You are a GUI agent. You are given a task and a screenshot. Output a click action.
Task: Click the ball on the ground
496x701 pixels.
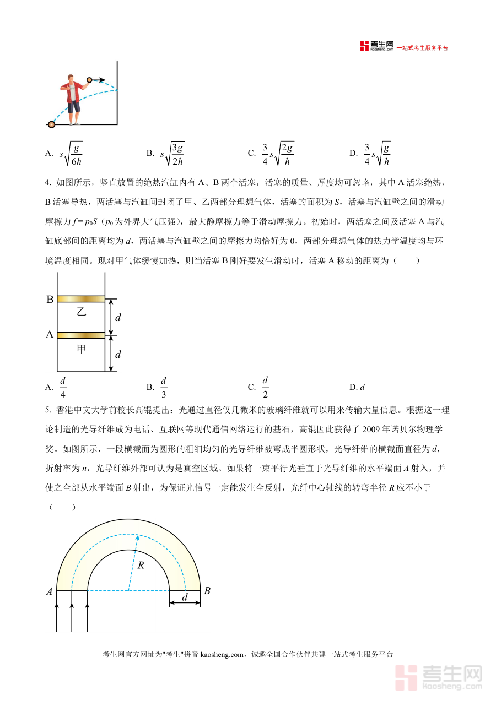[x=51, y=124]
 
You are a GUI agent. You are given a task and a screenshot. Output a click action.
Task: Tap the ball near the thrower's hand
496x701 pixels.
[x=89, y=80]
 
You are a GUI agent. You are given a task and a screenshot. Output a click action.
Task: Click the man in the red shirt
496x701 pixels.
[x=72, y=99]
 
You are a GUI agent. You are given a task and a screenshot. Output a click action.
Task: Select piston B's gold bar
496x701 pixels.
[x=80, y=299]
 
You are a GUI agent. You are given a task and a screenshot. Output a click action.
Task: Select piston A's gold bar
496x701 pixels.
[x=80, y=335]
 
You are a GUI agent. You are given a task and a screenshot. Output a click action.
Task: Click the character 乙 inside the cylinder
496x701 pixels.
[x=82, y=312]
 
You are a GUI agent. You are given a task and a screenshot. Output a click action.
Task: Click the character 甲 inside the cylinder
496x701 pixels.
[x=82, y=349]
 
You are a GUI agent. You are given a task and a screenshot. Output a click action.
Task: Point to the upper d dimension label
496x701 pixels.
[x=117, y=318]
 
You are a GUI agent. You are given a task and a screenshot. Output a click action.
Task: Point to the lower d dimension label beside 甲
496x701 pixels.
[x=117, y=354]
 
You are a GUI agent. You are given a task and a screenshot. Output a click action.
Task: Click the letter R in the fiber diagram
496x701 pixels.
[x=141, y=565]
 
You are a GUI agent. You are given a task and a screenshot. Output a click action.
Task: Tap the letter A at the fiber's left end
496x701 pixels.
[x=49, y=591]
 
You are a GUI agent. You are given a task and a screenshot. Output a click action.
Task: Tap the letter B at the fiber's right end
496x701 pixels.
[x=207, y=591]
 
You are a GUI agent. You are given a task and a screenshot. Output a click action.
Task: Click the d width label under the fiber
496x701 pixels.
[x=185, y=597]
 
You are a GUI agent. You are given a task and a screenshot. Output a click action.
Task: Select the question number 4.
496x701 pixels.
[x=47, y=182]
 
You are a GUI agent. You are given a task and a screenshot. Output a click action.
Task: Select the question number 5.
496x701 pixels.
[x=47, y=410]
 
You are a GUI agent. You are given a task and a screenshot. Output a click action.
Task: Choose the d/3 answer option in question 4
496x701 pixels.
[x=164, y=387]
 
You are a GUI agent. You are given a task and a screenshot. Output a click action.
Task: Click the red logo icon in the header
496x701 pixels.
[x=364, y=46]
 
